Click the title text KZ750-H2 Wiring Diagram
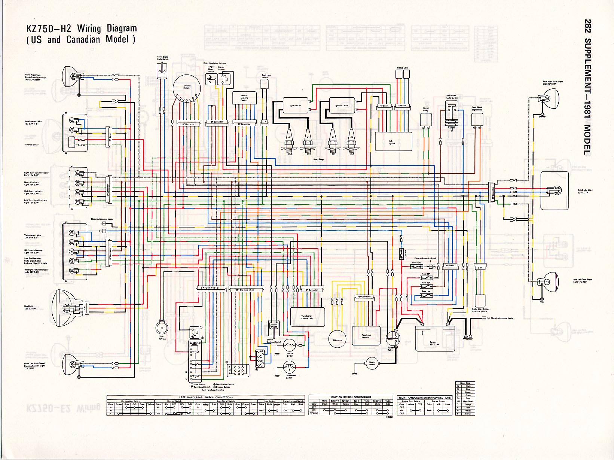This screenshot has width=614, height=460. click(x=81, y=28)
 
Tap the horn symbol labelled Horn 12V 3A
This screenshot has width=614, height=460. click(x=162, y=328)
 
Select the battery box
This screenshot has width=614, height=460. click(x=435, y=338)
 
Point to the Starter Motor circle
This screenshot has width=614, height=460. click(x=372, y=363)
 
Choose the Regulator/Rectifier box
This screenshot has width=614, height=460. click(x=366, y=336)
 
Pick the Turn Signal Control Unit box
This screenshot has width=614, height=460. click(x=308, y=317)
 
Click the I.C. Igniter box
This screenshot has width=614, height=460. click(x=393, y=141)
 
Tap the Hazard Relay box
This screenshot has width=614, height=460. click(x=426, y=119)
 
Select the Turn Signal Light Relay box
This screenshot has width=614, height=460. click(x=477, y=119)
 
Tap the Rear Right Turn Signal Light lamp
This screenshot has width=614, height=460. click(x=547, y=98)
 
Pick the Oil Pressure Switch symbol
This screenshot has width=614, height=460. click(x=289, y=367)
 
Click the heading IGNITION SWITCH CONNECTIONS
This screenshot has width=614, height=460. click(x=351, y=397)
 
